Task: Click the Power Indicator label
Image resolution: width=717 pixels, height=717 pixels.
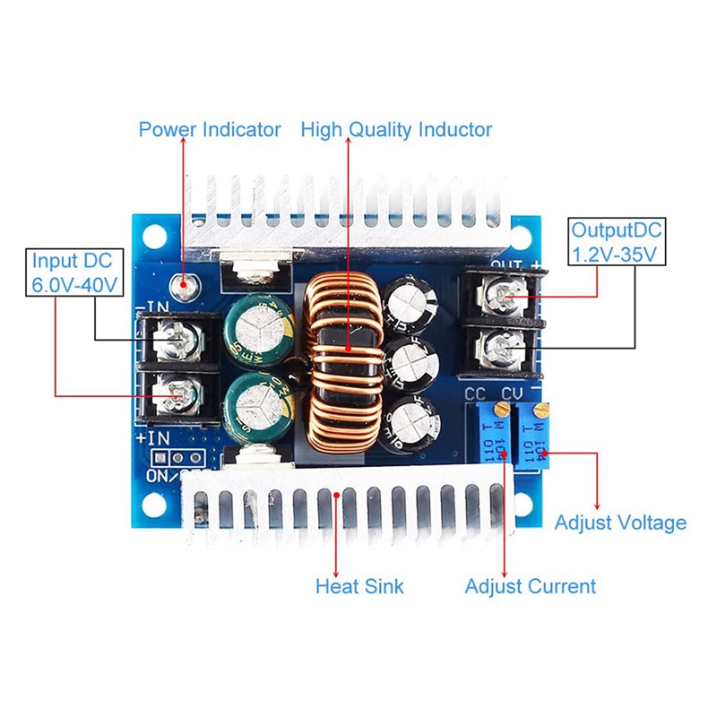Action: click(x=209, y=129)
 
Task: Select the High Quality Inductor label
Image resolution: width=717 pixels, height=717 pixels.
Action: click(x=396, y=129)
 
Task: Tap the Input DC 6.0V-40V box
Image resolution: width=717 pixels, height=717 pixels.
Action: click(x=73, y=273)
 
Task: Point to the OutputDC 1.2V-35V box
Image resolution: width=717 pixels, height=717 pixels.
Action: click(x=618, y=242)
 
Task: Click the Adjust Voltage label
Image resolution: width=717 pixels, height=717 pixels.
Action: click(x=620, y=523)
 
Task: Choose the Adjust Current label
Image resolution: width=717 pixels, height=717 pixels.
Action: click(x=530, y=586)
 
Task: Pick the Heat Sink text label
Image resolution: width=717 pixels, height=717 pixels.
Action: click(x=359, y=586)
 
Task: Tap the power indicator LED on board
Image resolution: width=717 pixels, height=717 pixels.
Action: click(x=187, y=286)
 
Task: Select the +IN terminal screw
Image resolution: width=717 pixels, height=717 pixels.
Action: click(x=172, y=392)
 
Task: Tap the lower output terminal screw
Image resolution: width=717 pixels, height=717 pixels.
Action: click(x=503, y=343)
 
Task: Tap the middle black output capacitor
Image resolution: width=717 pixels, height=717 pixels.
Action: click(x=411, y=361)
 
